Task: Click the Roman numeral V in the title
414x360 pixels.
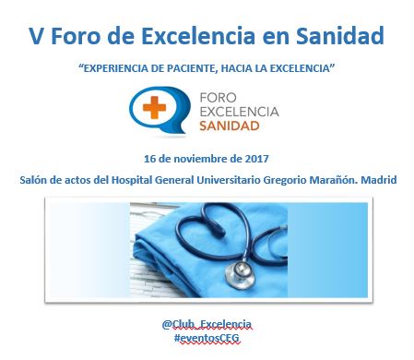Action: point(37,36)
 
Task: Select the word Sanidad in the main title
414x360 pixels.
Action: point(340,36)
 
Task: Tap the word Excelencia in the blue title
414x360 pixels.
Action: point(198,36)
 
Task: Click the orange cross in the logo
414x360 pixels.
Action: point(154,107)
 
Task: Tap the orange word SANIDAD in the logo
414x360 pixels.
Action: point(230,126)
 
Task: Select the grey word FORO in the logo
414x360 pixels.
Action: point(219,98)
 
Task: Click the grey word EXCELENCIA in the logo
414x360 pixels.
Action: point(240,112)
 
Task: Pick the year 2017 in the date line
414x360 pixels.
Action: point(257,159)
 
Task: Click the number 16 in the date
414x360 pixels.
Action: point(149,159)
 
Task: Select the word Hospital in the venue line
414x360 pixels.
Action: point(132,180)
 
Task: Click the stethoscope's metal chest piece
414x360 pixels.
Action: point(240,275)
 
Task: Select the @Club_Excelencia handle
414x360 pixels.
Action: point(207,324)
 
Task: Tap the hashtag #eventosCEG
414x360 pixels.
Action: point(207,338)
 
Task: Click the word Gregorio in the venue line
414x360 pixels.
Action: point(285,180)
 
